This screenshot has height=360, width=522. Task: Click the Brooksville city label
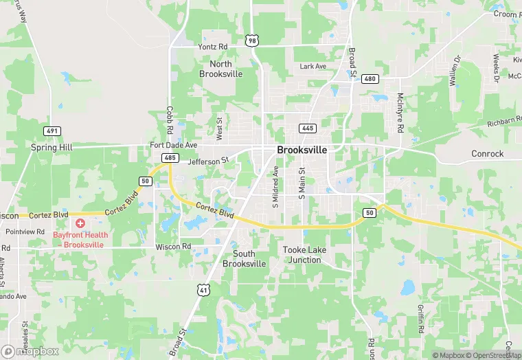coord(302,149)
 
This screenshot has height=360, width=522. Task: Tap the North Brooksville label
coord(220,69)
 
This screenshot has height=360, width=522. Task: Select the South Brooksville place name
coord(244,258)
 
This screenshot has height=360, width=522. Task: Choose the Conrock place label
coord(487,154)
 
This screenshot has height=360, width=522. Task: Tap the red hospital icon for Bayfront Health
coord(80,223)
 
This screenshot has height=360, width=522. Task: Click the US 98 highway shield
coord(253,41)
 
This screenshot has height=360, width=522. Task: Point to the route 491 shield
coord(52,131)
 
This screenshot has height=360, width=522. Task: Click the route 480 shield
coord(370,79)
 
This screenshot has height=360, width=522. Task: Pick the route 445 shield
coord(307,128)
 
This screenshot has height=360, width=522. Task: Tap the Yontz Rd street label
coord(212,46)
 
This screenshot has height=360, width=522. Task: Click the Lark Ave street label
coord(313,67)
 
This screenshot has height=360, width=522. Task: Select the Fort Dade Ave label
coord(174,146)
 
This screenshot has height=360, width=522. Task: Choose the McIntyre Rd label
coord(400,113)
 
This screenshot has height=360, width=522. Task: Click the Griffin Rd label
coord(420,318)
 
